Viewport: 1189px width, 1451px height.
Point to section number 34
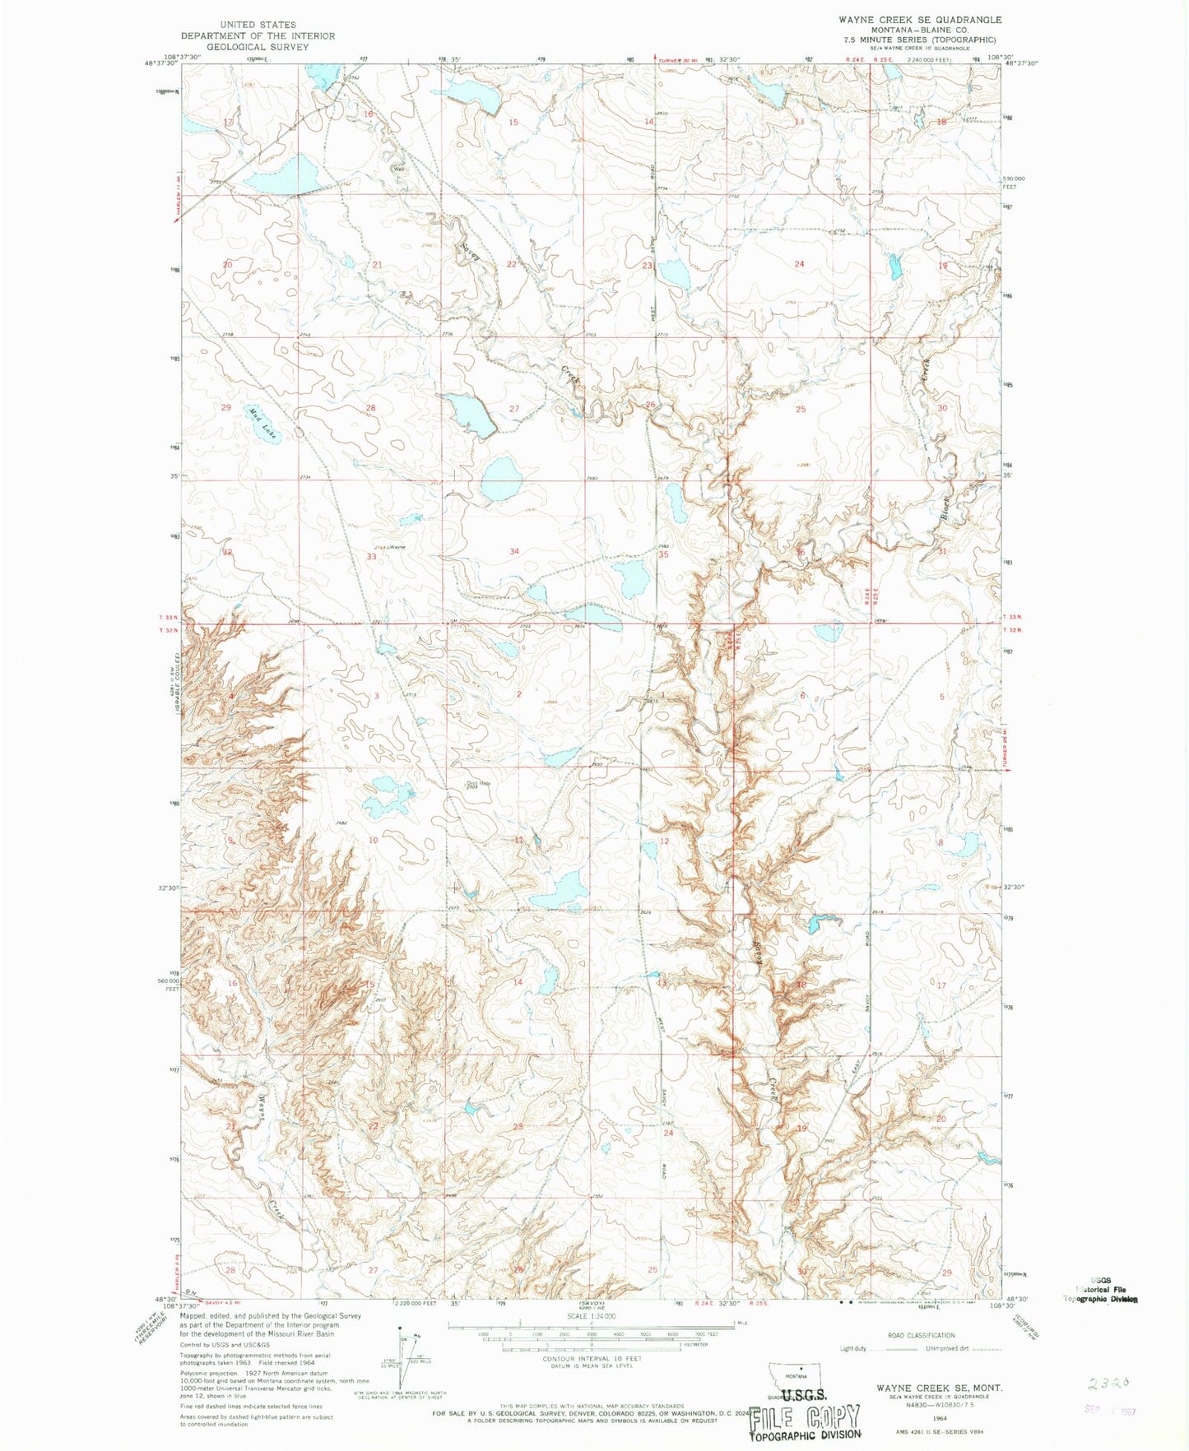tap(514, 551)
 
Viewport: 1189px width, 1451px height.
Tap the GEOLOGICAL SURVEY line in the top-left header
tap(258, 47)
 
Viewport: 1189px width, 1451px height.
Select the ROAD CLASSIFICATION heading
tap(920, 1335)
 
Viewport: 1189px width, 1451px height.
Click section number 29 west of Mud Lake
tap(226, 408)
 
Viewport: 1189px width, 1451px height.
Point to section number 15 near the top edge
tap(513, 123)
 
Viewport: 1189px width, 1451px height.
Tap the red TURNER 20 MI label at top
tap(680, 59)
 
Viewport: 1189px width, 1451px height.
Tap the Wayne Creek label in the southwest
tap(267, 1152)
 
